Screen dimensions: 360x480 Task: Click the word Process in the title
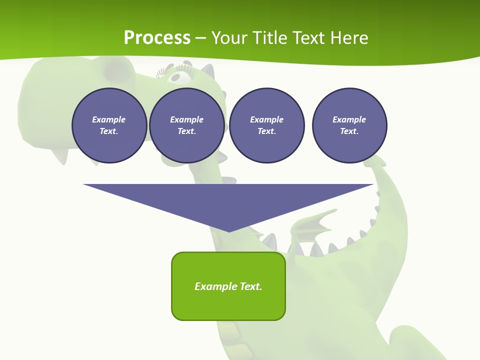157,38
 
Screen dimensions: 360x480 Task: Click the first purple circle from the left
109,125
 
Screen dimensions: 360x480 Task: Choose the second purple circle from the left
187,125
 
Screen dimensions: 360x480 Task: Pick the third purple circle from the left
267,125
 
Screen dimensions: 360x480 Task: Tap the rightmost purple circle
349,125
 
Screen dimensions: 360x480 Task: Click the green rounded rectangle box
228,286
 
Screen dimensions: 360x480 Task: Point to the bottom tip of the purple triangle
229,231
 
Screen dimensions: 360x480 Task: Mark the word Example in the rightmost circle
349,119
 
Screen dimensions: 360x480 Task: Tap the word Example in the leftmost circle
109,119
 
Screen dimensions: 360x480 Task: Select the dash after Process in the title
200,38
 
